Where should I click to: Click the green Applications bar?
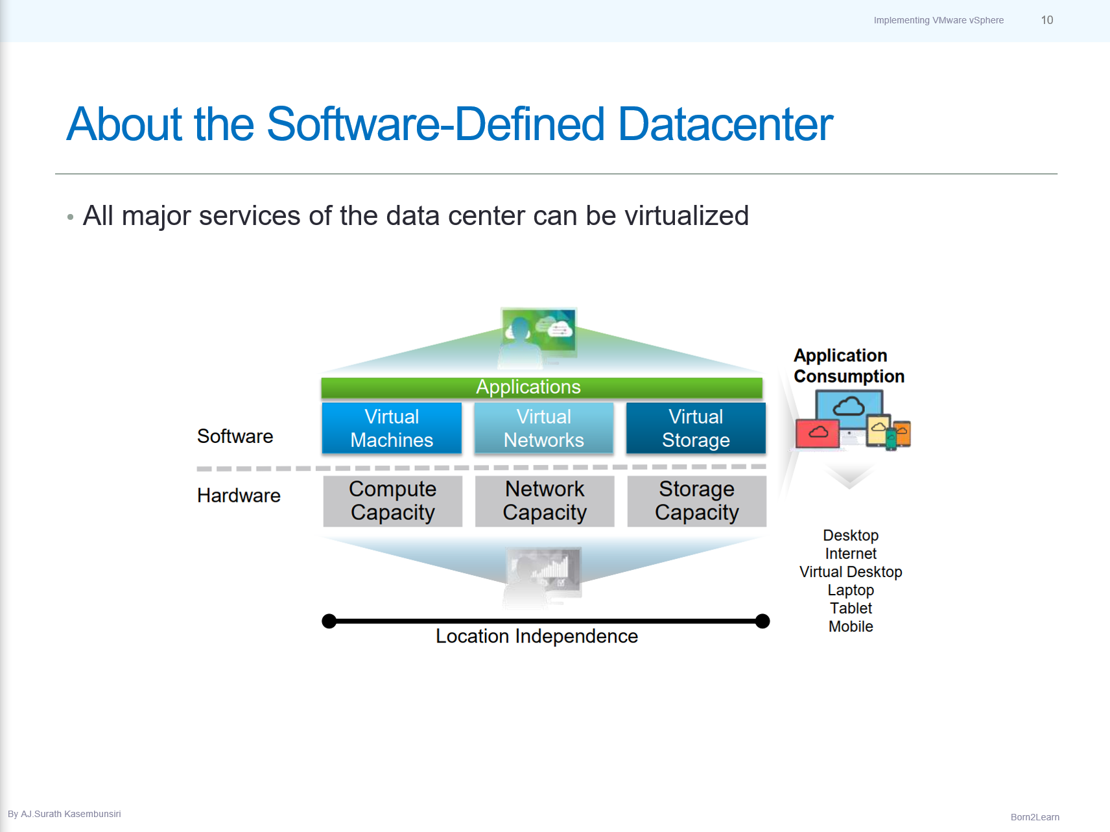pos(541,387)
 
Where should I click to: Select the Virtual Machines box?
pos(392,428)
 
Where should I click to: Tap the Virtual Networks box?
pos(543,428)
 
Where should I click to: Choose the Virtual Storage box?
pos(696,428)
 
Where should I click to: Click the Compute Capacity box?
pos(392,501)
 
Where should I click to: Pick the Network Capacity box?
pos(545,501)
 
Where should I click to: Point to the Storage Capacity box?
pos(696,501)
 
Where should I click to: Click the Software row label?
pos(235,436)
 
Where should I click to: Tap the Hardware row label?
pos(239,495)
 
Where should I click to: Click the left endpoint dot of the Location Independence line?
pos(329,621)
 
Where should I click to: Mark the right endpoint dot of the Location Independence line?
pos(763,621)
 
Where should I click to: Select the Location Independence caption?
pos(536,636)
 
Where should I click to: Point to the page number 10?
pos(1046,20)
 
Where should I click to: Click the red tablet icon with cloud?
pos(818,433)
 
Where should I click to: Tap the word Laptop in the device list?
pos(851,590)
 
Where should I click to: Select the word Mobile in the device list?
pos(851,626)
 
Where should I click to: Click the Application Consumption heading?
pos(848,366)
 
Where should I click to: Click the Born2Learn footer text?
pos(1035,817)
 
